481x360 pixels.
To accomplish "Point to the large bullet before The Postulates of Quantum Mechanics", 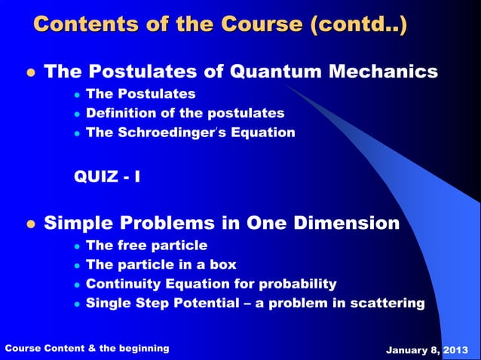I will pyautogui.click(x=31, y=73).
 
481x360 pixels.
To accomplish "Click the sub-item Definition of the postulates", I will pyautogui.click(x=185, y=113).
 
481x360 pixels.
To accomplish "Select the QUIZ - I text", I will pyautogui.click(x=106, y=178).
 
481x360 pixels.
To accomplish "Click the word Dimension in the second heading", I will pyautogui.click(x=347, y=224).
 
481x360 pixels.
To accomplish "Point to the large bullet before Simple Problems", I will pyautogui.click(x=31, y=224).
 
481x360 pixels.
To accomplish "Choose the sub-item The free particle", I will pyautogui.click(x=146, y=246).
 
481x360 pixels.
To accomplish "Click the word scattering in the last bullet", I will pyautogui.click(x=388, y=304).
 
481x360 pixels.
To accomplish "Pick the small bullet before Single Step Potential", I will pyautogui.click(x=77, y=304).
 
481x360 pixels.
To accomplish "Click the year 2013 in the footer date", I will pyautogui.click(x=457, y=349).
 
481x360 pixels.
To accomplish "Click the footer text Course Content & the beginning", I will pyautogui.click(x=87, y=348).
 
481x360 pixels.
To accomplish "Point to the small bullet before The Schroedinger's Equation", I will pyautogui.click(x=77, y=133).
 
